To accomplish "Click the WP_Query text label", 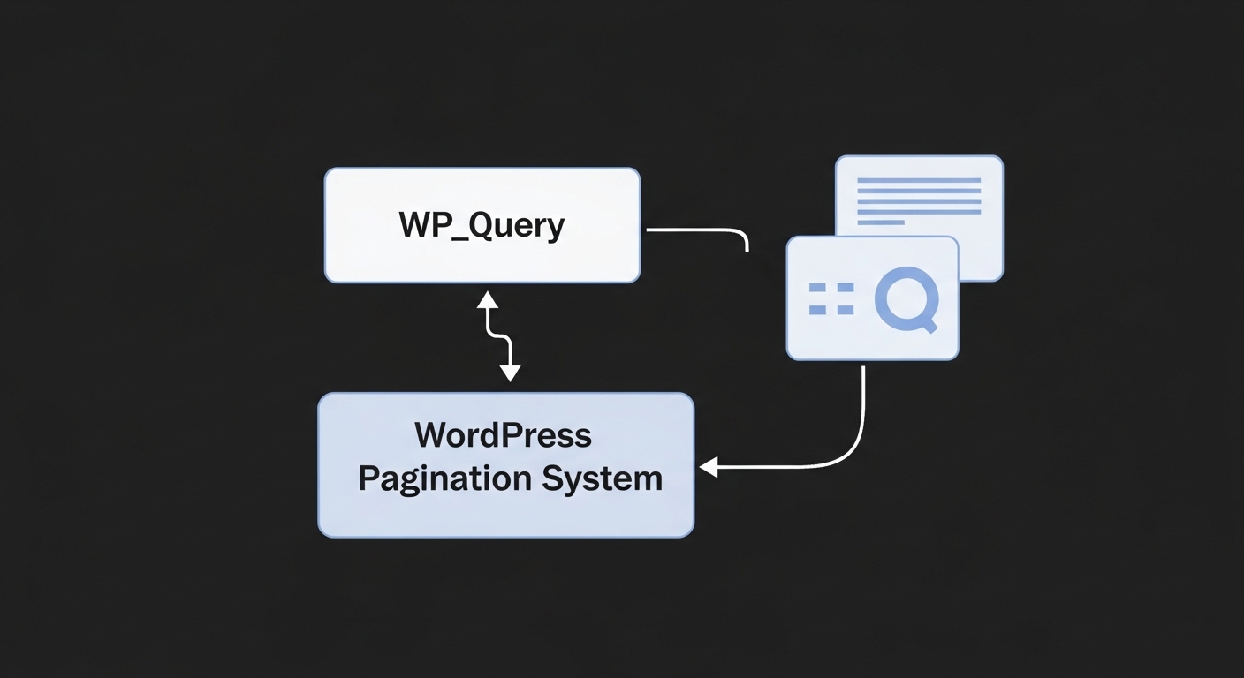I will tap(482, 226).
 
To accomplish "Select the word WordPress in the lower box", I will tap(504, 435).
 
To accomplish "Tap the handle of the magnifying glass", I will tap(928, 328).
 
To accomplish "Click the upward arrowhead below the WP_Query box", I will tap(488, 301).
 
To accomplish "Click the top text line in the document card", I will tap(919, 180).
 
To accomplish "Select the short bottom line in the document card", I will tap(881, 222).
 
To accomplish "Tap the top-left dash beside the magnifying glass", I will tap(818, 288).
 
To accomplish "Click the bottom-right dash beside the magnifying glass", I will tap(845, 310).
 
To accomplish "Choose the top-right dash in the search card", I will tap(845, 288).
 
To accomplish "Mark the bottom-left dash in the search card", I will tap(818, 310).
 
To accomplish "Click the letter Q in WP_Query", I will tap(481, 226).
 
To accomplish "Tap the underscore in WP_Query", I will tap(455, 240).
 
